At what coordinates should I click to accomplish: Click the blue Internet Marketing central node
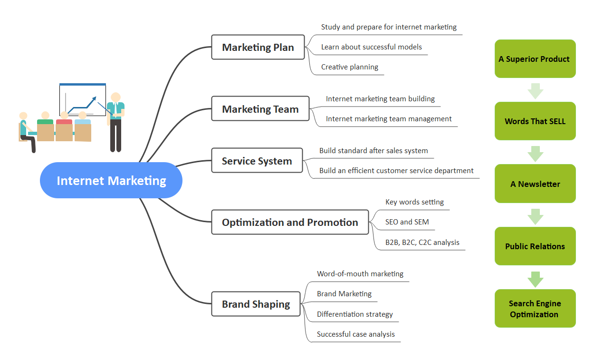click(x=111, y=180)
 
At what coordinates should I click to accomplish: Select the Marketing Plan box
click(x=258, y=47)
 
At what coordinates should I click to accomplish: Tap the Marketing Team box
click(x=260, y=108)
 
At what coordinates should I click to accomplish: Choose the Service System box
click(x=257, y=160)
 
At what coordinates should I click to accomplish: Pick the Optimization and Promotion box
click(x=290, y=222)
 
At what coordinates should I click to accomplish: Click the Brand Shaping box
click(x=256, y=304)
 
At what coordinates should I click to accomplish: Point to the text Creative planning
click(x=349, y=67)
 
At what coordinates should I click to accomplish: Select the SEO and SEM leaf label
click(x=407, y=222)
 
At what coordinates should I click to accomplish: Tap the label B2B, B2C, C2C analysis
click(x=422, y=242)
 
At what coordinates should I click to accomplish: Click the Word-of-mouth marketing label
click(x=360, y=274)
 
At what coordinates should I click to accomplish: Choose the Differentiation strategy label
click(x=354, y=314)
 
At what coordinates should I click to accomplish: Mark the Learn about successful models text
click(x=371, y=47)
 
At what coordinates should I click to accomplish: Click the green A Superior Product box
click(x=535, y=58)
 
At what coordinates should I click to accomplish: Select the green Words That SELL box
click(x=535, y=121)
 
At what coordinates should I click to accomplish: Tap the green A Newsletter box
click(x=535, y=184)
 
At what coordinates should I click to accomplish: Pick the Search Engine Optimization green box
click(x=535, y=308)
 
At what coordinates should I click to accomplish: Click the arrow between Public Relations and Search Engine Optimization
click(x=536, y=279)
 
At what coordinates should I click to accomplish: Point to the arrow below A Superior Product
click(x=536, y=91)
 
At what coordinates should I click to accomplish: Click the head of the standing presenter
click(x=115, y=97)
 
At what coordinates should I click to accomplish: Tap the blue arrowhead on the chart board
click(x=94, y=99)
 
